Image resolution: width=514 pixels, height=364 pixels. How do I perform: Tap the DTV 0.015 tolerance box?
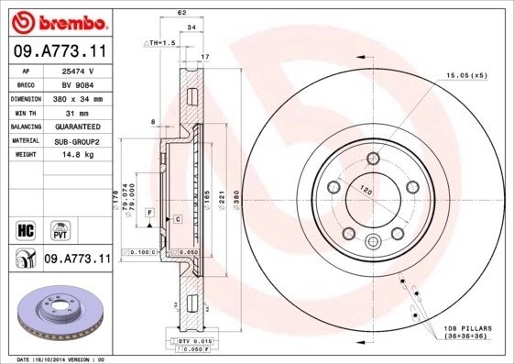coord(179,340)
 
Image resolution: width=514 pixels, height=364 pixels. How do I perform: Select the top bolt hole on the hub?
coord(372,160)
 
